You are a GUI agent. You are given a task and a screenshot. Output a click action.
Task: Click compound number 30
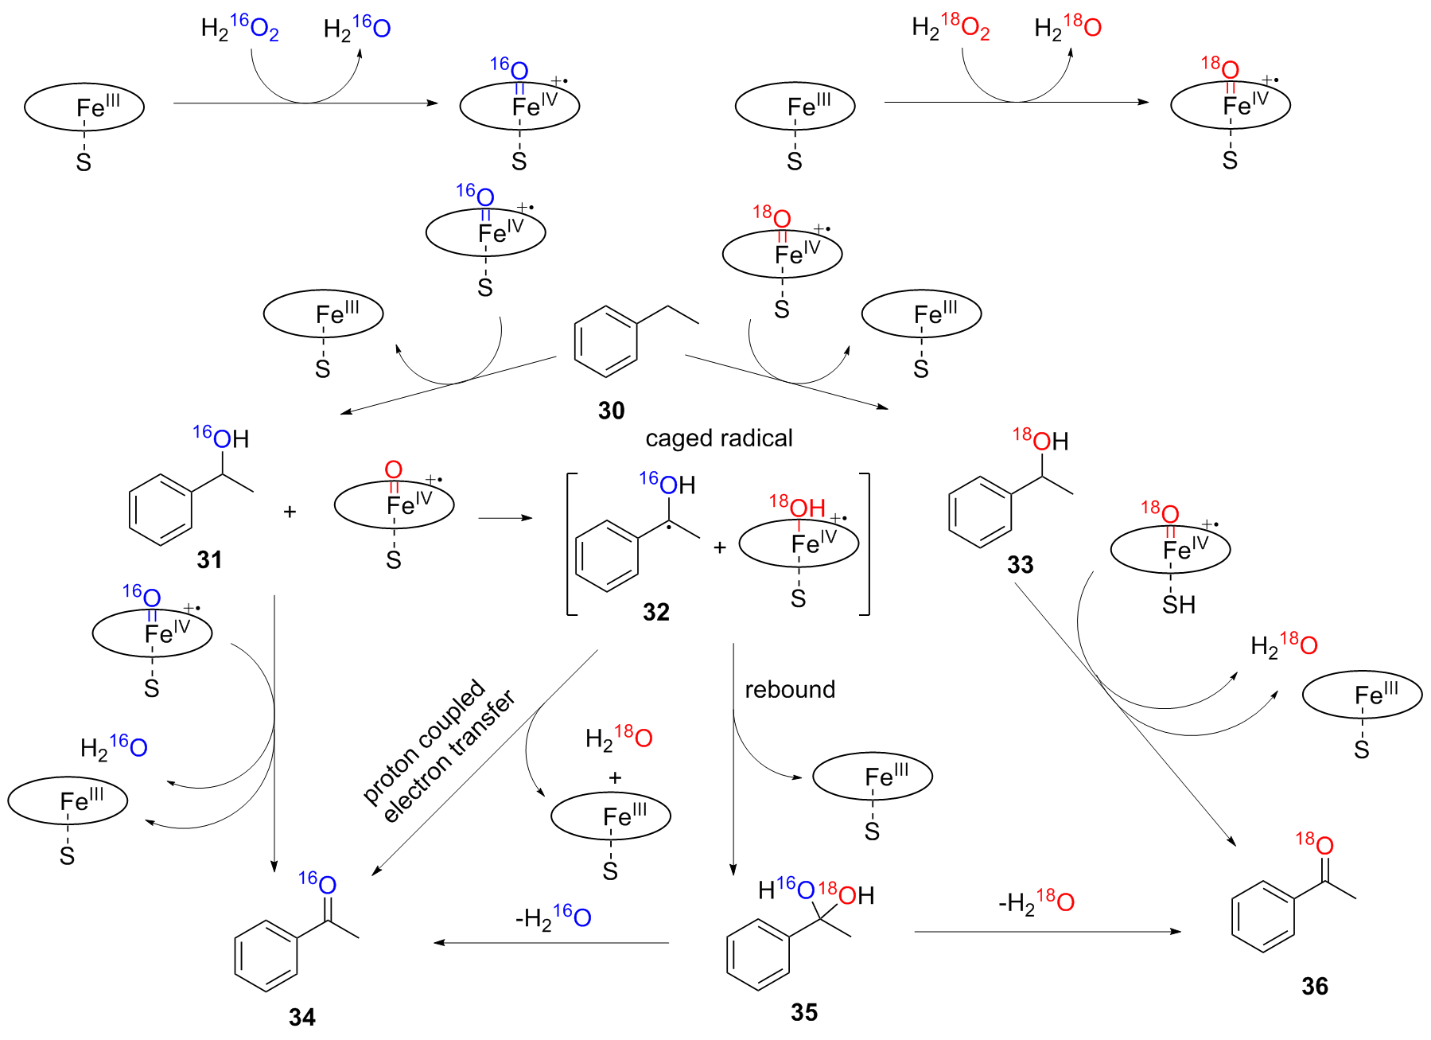point(611,411)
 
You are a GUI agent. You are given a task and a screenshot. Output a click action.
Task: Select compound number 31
point(209,559)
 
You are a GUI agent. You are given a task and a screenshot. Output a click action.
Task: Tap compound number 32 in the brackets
point(656,612)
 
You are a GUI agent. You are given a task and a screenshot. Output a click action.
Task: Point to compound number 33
point(1020,565)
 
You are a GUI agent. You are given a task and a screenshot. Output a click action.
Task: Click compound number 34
point(302,1017)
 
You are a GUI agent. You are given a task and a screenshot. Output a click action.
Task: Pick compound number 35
point(804,1012)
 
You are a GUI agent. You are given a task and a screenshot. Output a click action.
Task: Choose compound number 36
point(1315,987)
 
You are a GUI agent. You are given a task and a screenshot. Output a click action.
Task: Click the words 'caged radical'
point(718,438)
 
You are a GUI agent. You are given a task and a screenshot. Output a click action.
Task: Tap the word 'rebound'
point(790,689)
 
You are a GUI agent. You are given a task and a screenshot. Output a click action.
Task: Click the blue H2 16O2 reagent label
point(239,29)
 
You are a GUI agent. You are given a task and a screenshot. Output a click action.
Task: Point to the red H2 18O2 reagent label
point(951,28)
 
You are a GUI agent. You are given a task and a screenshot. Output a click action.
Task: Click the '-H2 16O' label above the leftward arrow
point(553,917)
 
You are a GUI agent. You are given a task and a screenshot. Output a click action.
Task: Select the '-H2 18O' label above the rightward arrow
point(1036,902)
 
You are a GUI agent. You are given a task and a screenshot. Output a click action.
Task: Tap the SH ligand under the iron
point(1179,605)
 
